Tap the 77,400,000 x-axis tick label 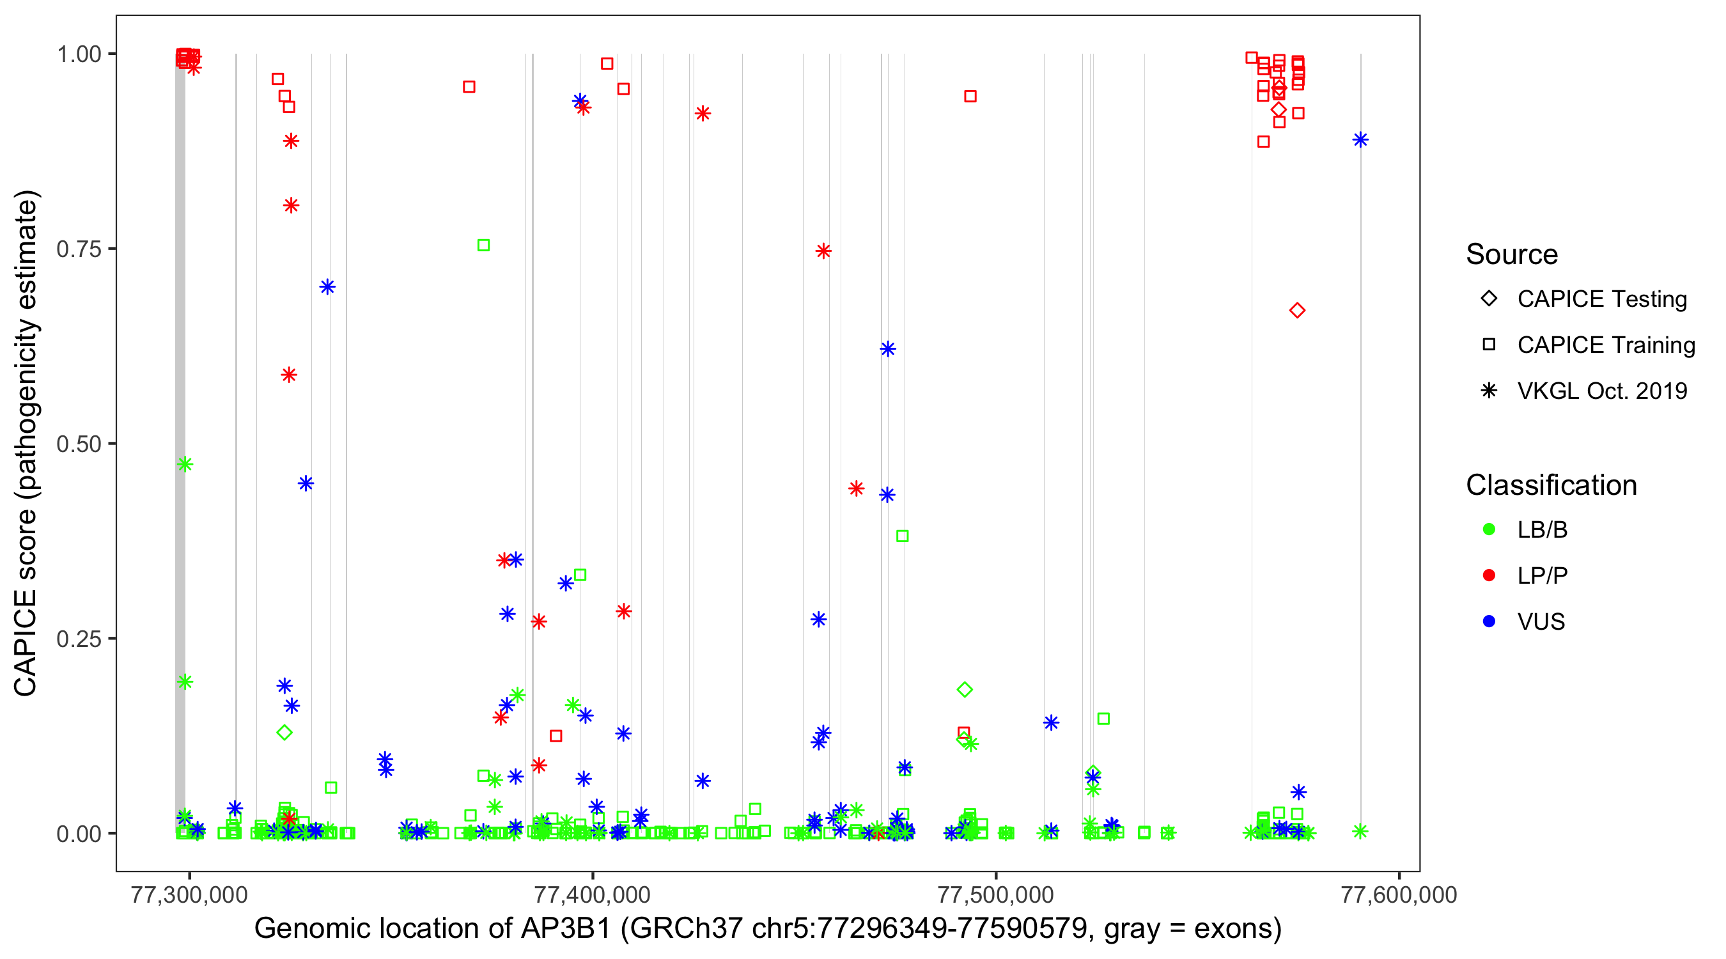click(593, 894)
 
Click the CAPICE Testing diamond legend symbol click(1489, 298)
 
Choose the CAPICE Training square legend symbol click(1489, 345)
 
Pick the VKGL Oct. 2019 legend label click(1602, 391)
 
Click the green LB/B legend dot click(1489, 529)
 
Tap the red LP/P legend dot click(1489, 575)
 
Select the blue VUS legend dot click(1489, 621)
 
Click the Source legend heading click(1512, 254)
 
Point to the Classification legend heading click(1551, 485)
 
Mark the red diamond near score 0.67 click(1297, 310)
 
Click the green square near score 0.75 click(483, 246)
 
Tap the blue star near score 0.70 click(327, 287)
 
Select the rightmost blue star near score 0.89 click(1360, 139)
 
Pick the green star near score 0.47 click(185, 464)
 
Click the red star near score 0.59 click(289, 375)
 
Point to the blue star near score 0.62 click(888, 348)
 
